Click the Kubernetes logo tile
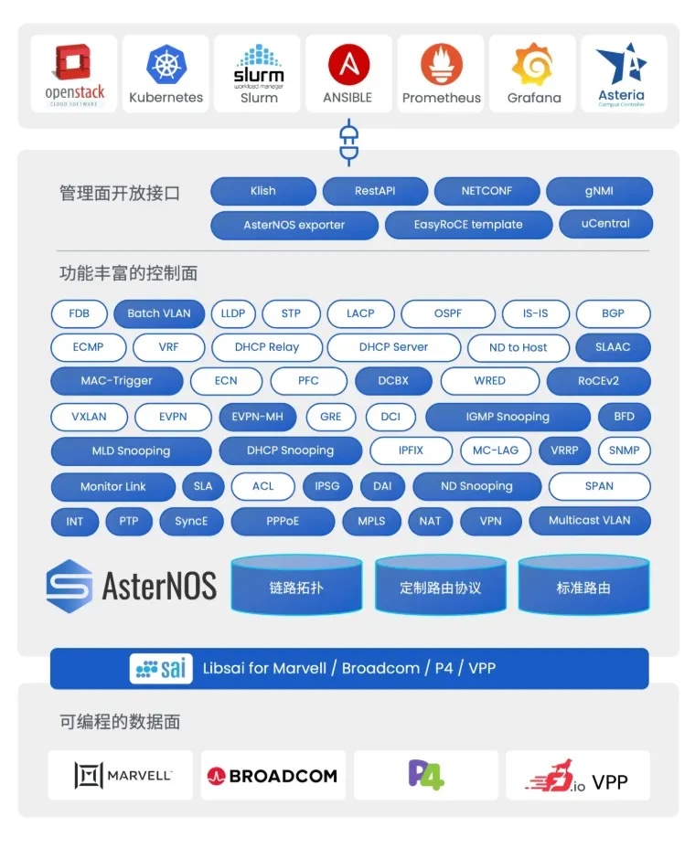pyautogui.click(x=166, y=73)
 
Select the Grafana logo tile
pyautogui.click(x=533, y=73)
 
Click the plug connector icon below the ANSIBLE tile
pyautogui.click(x=348, y=142)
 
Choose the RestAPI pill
pyautogui.click(x=376, y=191)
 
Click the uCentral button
pyautogui.click(x=604, y=224)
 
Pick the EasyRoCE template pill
pyautogui.click(x=468, y=225)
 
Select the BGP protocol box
pyautogui.click(x=613, y=313)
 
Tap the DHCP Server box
pyautogui.click(x=393, y=347)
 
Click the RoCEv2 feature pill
pyautogui.click(x=599, y=381)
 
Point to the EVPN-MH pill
pyautogui.click(x=257, y=417)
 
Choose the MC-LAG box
pyautogui.click(x=495, y=450)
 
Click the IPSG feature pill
pyautogui.click(x=326, y=486)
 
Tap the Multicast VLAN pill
pyautogui.click(x=589, y=520)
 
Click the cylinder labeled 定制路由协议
pyautogui.click(x=440, y=587)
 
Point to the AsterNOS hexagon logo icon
pyautogui.click(x=69, y=586)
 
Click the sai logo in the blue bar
pyautogui.click(x=160, y=668)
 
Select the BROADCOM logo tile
pyautogui.click(x=273, y=776)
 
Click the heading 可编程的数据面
pyautogui.click(x=120, y=722)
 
